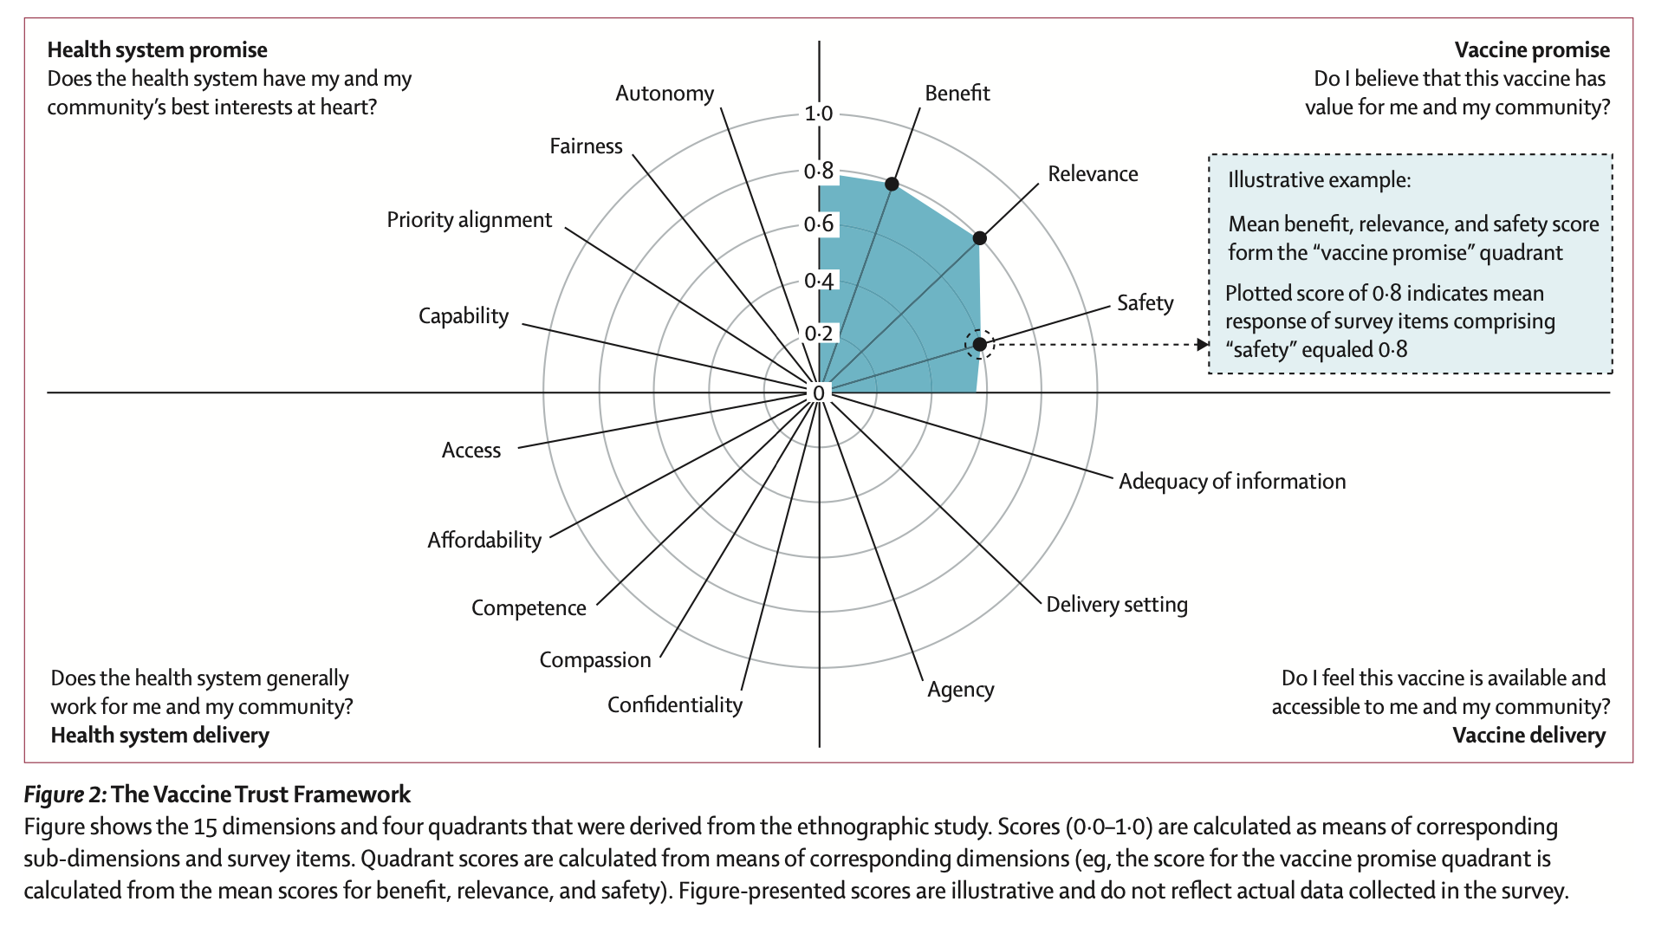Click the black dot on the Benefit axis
coord(892,184)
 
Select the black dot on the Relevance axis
coord(979,238)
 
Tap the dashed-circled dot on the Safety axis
coord(979,344)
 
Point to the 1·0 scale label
coord(818,114)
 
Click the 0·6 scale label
coord(818,224)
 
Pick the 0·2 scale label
coord(818,334)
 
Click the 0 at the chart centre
coord(819,393)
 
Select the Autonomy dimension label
coord(665,94)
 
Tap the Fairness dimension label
coord(586,146)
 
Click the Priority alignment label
coord(469,220)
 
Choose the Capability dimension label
coord(464,316)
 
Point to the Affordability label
coord(484,541)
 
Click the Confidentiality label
coord(675,705)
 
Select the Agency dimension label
coord(961,690)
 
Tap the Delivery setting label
coord(1117,605)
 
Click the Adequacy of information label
coord(1232,482)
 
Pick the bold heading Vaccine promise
coord(1532,50)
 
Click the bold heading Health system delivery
coord(160,736)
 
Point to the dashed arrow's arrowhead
coord(1203,345)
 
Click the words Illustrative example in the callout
coord(1319,180)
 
